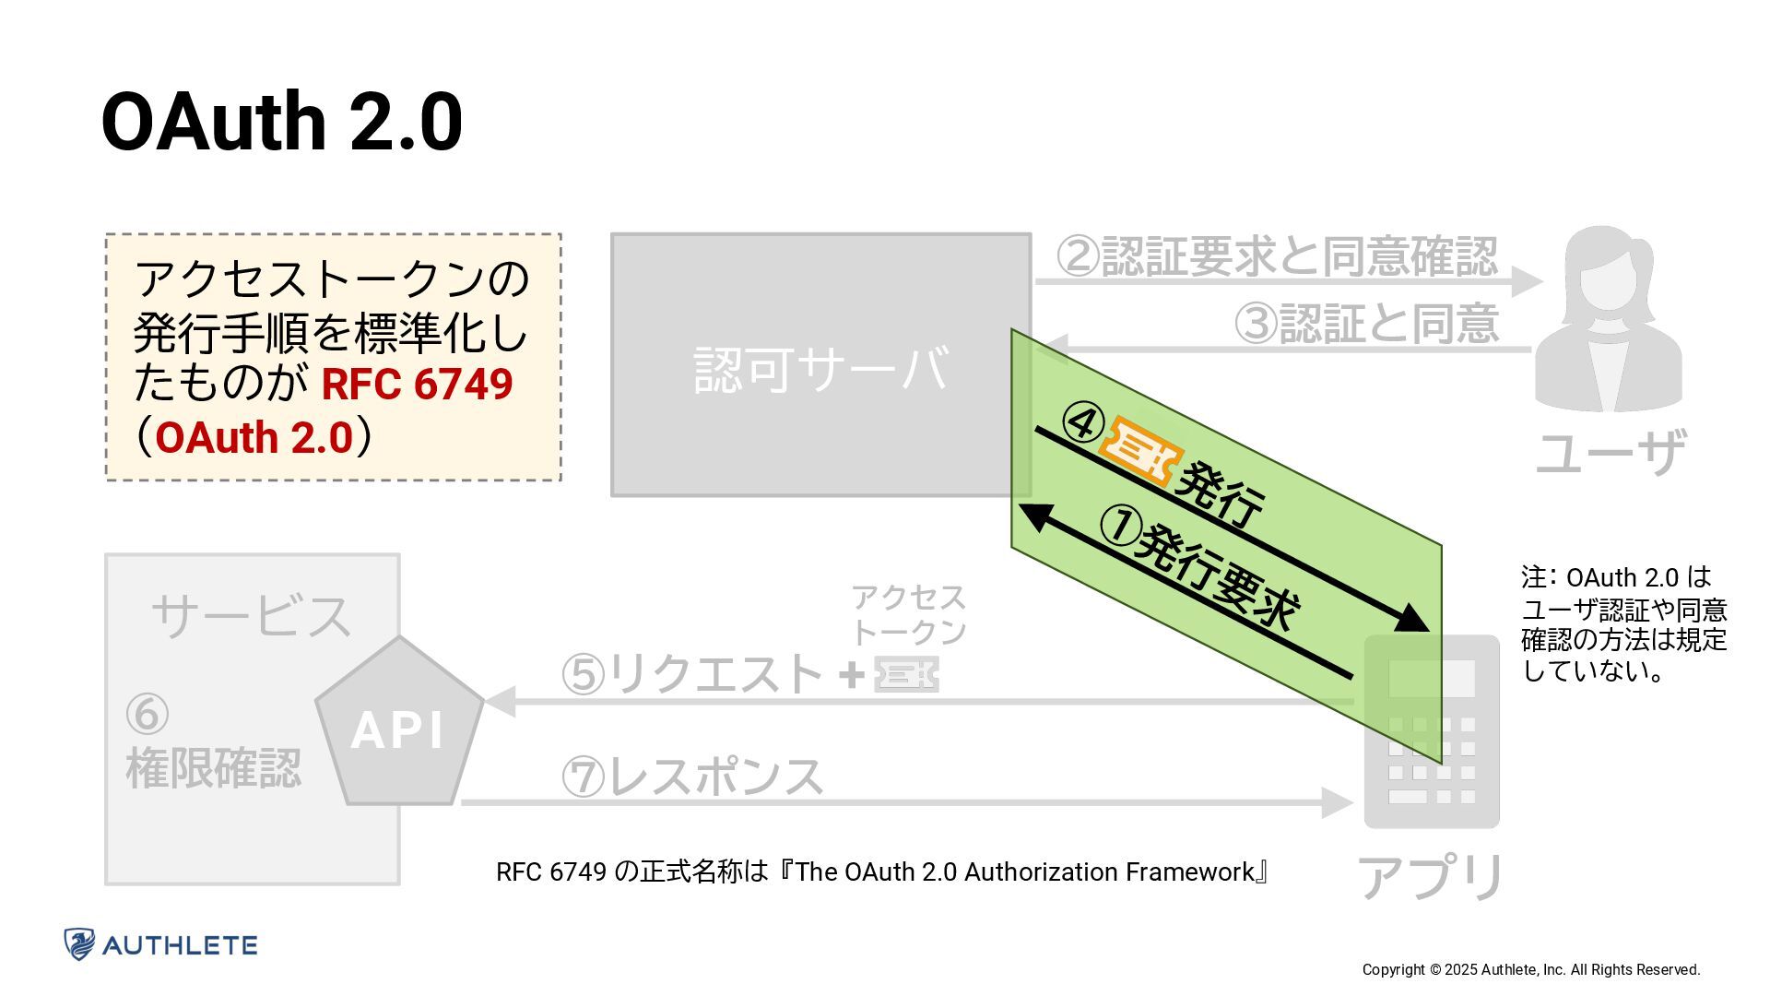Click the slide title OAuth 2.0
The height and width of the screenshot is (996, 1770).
[x=281, y=122]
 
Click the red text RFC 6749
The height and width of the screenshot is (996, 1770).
[x=417, y=384]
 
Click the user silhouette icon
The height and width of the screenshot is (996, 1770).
[x=1608, y=318]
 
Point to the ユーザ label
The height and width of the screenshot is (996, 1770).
[x=1610, y=453]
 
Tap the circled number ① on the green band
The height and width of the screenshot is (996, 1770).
[x=1120, y=526]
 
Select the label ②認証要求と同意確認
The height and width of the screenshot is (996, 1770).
[x=1277, y=255]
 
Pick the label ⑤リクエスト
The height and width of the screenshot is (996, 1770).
[x=692, y=673]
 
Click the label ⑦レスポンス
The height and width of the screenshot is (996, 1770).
[x=692, y=776]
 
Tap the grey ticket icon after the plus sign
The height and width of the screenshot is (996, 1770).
[x=906, y=674]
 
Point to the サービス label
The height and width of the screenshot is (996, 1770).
[x=251, y=615]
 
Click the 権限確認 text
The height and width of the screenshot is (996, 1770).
[x=213, y=767]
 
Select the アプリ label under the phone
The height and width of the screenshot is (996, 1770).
[x=1431, y=876]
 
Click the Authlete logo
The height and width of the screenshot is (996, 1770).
[x=160, y=944]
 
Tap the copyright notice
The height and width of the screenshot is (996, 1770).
[x=1530, y=969]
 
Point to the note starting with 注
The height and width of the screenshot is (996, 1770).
[x=1623, y=623]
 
